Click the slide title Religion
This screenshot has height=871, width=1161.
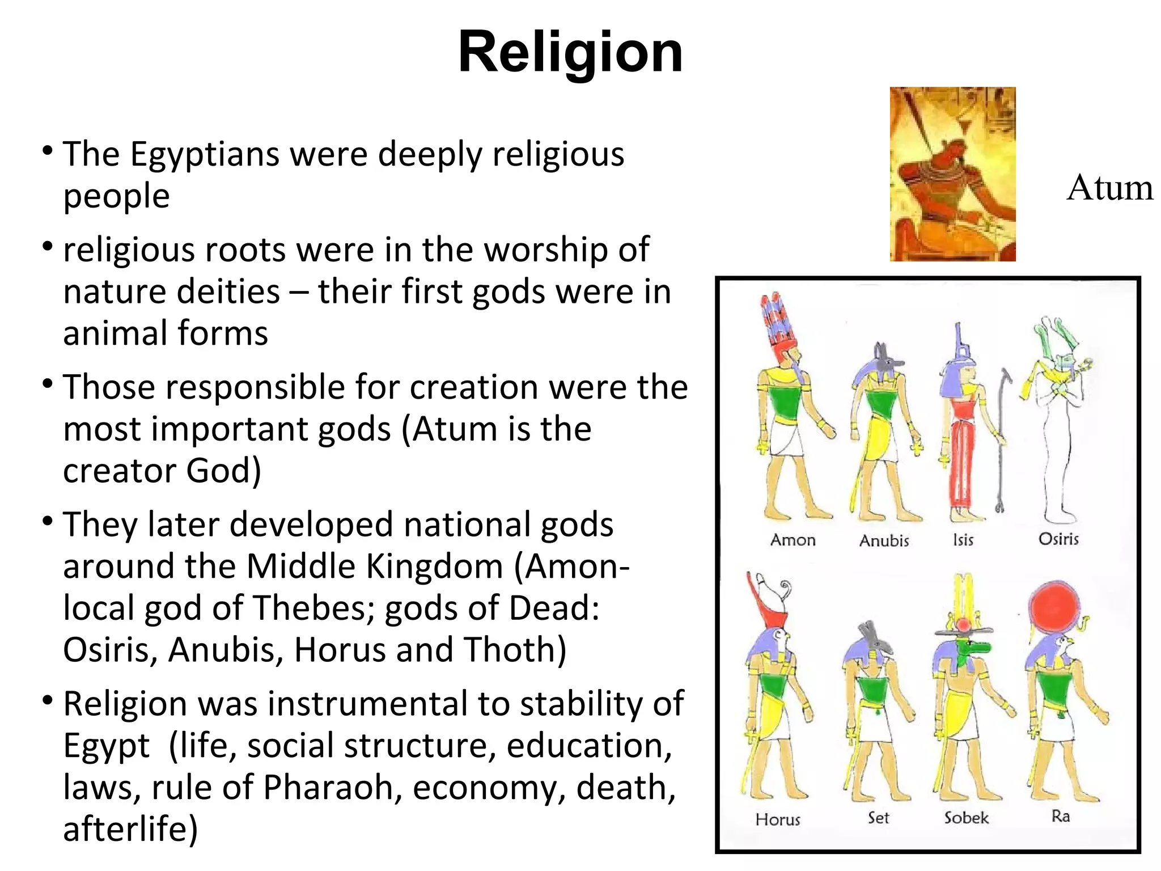coord(570,53)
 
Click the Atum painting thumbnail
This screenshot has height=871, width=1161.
coord(952,174)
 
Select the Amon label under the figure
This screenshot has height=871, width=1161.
coord(793,540)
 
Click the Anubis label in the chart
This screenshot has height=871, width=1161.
coord(884,540)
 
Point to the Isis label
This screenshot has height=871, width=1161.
coord(963,540)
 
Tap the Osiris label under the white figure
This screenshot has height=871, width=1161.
coord(1058,539)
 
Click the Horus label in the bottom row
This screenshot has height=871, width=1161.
coord(778,819)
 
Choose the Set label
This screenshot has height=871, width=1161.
coord(878,818)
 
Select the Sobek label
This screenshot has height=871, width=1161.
coord(966,818)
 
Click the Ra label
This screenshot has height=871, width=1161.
coord(1060,816)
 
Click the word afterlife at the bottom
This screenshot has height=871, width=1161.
coord(130,829)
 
